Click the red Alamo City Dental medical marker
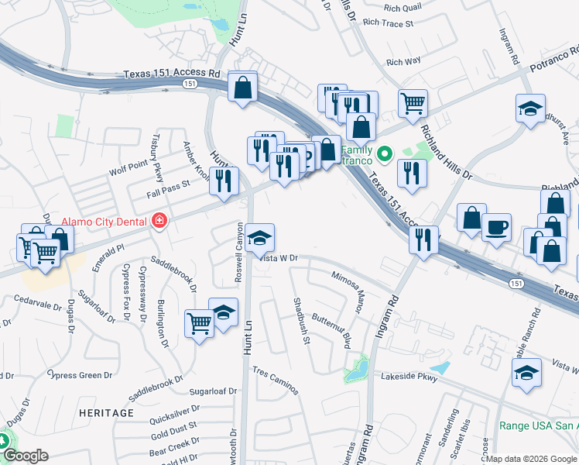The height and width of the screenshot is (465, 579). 159,221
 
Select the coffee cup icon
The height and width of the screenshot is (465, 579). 496,228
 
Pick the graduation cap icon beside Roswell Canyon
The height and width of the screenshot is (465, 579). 260,237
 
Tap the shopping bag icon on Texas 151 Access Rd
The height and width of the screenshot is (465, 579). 243,87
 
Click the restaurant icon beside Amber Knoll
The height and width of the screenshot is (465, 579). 224,181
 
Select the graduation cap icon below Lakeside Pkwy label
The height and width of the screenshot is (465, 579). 526,374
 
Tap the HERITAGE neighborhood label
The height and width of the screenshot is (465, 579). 107,413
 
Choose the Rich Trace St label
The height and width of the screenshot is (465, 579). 388,24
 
